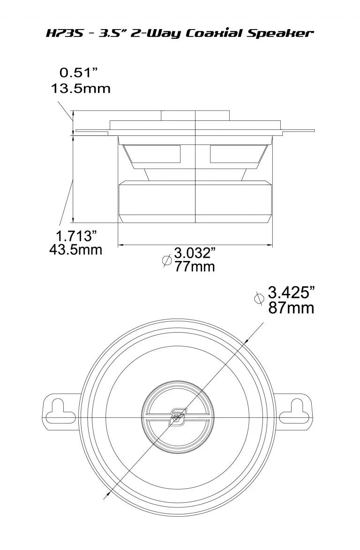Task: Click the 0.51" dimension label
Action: click(79, 73)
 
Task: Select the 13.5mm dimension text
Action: click(81, 89)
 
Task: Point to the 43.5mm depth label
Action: click(76, 250)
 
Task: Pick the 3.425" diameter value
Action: click(290, 293)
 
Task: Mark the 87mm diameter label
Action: click(291, 309)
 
